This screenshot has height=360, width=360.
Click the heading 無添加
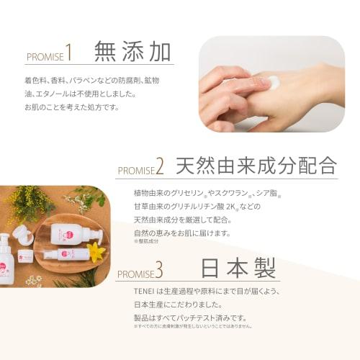[132, 52]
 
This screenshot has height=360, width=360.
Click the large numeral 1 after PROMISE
[69, 53]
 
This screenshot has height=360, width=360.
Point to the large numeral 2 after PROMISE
[160, 168]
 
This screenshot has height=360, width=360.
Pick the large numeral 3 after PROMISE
[158, 271]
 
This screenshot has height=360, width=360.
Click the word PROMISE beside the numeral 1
[45, 57]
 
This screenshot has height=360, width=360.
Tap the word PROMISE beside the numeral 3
[135, 274]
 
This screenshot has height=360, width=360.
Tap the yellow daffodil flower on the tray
[95, 251]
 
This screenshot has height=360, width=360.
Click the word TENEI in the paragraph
[143, 291]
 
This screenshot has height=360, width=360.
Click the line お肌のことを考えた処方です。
[71, 107]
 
